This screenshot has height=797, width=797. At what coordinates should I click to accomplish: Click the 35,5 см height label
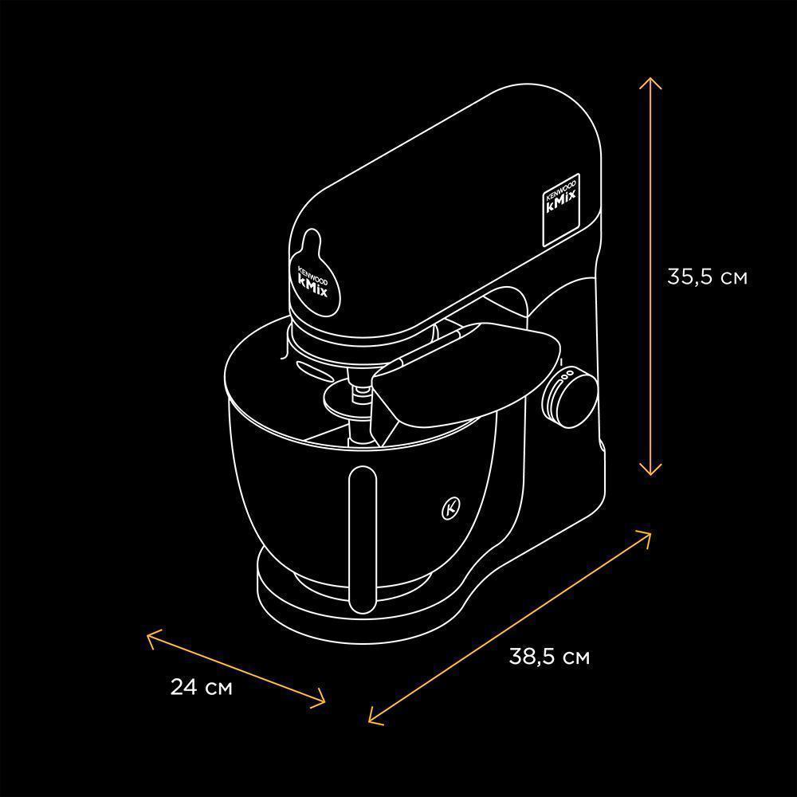(x=707, y=277)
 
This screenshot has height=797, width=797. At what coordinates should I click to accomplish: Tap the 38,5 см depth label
(x=549, y=657)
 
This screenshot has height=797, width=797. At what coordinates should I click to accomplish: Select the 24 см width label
(x=201, y=687)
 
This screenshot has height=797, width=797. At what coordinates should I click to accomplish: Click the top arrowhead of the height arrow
(x=650, y=83)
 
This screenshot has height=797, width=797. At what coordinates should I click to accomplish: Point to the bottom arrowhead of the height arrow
(x=650, y=469)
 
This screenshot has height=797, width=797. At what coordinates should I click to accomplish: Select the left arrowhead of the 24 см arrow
(x=153, y=638)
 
